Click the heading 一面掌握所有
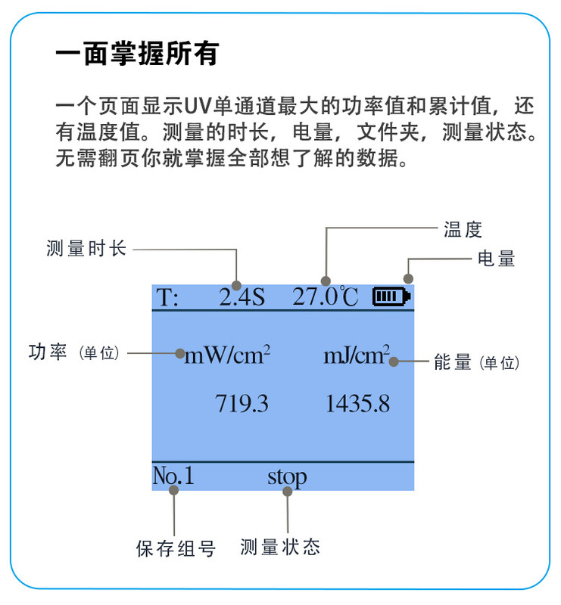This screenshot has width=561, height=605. coord(137,54)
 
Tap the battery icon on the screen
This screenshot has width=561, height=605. coord(391,297)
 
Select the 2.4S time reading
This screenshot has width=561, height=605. coord(242,297)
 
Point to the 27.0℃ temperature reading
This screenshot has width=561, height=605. coord(326,296)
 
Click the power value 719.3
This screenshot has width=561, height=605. coord(242,403)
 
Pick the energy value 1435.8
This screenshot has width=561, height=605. coord(358,403)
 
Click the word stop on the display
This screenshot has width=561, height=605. coord(287,476)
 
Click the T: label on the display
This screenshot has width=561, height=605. coord(167,297)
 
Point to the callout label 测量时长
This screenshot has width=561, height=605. coord(86,248)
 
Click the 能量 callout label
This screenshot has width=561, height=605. coord(453,362)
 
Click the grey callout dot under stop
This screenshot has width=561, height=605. coord(288,491)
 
